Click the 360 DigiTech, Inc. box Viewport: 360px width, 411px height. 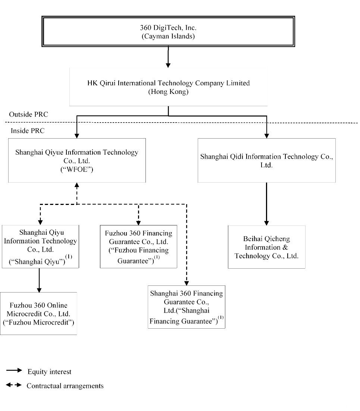coord(168,31)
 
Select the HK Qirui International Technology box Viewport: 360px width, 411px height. coord(168,87)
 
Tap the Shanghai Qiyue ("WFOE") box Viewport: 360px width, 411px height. coord(77,161)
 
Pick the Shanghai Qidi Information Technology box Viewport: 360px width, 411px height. coord(267,161)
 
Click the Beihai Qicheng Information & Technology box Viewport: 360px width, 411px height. coord(267,247)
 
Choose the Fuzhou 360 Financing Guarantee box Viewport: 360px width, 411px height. coord(138,247)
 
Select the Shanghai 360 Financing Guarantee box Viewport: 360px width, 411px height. coord(187,307)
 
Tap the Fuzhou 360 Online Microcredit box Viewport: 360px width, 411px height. coord(38,313)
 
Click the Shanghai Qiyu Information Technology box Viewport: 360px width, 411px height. coord(40,247)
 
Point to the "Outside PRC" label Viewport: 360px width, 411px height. coord(29,114)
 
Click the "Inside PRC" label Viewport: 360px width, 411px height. coord(28,131)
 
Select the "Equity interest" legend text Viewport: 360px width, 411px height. coord(49,372)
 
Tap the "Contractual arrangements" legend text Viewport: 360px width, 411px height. coord(65,386)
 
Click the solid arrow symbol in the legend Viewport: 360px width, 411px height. coord(14,370)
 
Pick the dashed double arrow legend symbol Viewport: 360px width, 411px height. coord(14,385)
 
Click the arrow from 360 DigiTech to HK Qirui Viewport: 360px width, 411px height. coord(168,57)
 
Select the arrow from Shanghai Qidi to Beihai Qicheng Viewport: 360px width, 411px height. coord(267,204)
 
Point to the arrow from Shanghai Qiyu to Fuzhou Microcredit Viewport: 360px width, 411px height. coord(39,280)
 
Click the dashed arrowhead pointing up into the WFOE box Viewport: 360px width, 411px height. coord(77,185)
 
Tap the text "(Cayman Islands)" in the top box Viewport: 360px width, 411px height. coord(168,36)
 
